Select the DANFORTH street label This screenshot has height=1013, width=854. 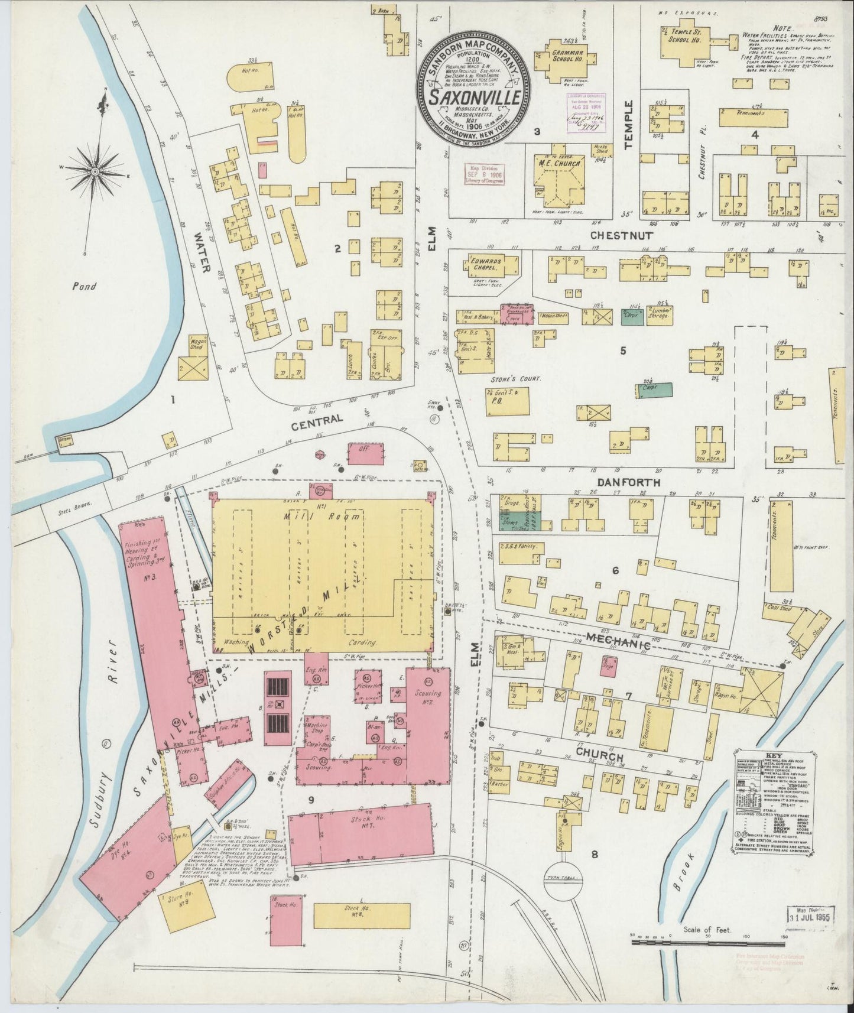pyautogui.click(x=628, y=482)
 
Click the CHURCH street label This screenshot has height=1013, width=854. pyautogui.click(x=599, y=758)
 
